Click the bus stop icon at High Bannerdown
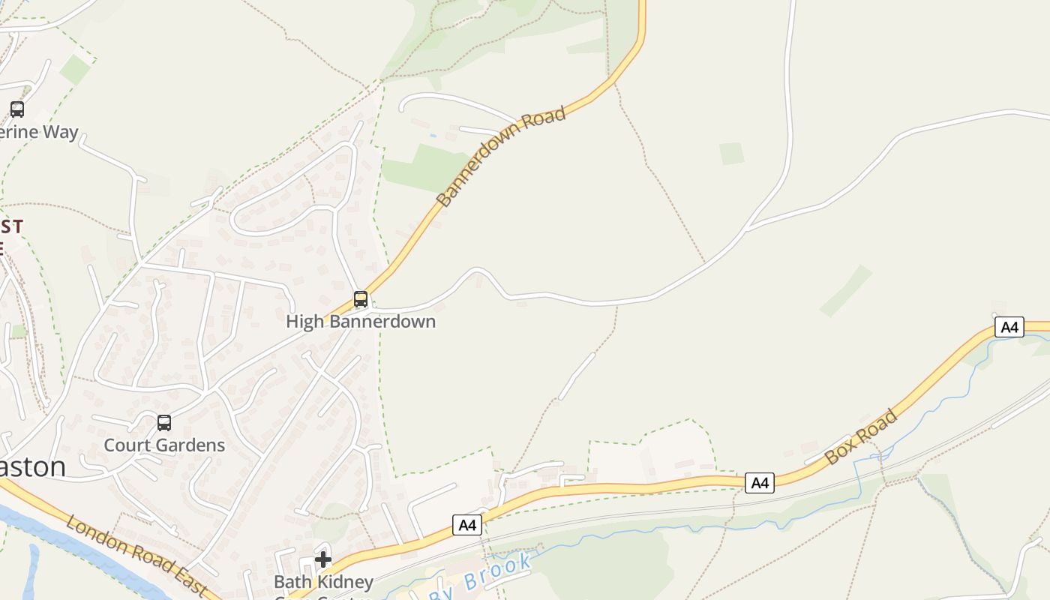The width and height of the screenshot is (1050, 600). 361,299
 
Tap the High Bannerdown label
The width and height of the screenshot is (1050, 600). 361,322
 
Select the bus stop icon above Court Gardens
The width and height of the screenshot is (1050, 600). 164,423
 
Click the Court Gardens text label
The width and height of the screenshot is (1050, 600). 164,445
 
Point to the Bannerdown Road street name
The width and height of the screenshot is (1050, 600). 500,157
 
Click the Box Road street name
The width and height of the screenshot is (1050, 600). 860,436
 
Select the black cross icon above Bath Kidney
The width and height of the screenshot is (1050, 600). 323,559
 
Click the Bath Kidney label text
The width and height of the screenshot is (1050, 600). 323,582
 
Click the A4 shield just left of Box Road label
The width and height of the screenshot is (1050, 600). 760,483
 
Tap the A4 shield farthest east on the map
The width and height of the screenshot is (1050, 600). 1009,327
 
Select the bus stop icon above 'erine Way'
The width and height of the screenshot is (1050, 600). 16,109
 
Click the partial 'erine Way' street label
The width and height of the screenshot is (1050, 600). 39,132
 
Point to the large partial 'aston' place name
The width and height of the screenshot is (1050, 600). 33,466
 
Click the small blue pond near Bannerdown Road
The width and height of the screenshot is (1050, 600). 433,136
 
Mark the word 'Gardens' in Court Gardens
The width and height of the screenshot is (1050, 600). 190,445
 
